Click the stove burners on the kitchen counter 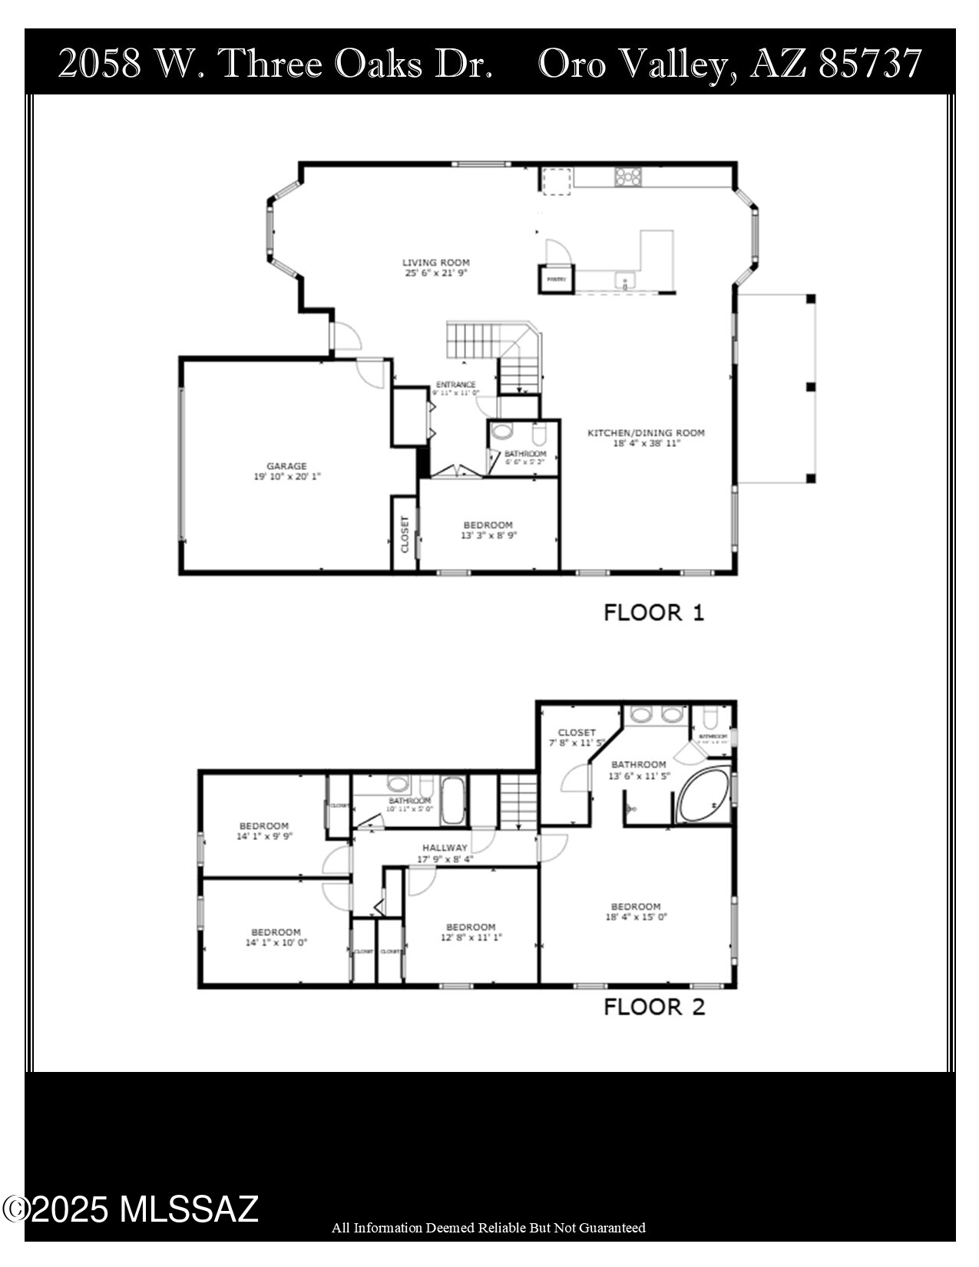click(627, 177)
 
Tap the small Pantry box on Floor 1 click(557, 278)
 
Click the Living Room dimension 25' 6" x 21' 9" click(436, 273)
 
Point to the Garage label click(286, 466)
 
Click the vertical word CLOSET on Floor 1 click(405, 534)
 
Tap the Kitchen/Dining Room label click(646, 433)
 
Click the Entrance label click(456, 385)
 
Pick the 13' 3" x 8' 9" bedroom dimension click(488, 536)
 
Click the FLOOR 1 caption click(653, 613)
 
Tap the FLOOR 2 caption click(653, 1007)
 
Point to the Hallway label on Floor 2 click(445, 848)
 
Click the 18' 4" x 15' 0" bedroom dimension click(636, 917)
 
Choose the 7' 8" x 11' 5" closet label click(577, 743)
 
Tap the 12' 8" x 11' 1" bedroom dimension click(471, 938)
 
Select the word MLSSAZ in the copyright click(189, 1209)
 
